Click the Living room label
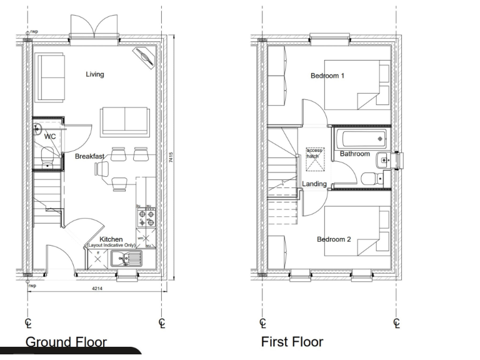(x=95, y=74)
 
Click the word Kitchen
(x=111, y=239)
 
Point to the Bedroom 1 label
(x=327, y=76)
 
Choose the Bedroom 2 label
(x=333, y=239)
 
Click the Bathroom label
(x=355, y=154)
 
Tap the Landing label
(x=314, y=184)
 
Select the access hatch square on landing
(x=314, y=159)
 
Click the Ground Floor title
(x=66, y=342)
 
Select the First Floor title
(x=292, y=342)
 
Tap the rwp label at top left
(x=35, y=30)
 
